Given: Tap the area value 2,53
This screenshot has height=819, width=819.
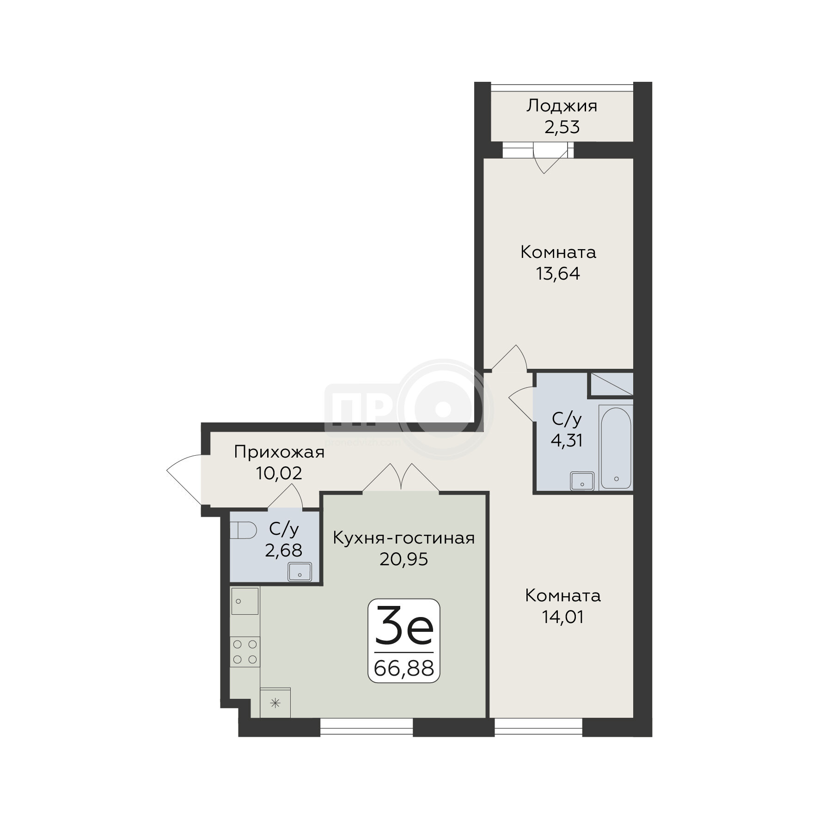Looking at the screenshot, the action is click(x=562, y=127).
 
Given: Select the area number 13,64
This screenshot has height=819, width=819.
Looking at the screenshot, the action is click(x=558, y=274).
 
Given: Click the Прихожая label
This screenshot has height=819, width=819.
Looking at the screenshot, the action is click(x=279, y=452).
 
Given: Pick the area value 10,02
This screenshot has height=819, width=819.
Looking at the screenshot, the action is click(x=279, y=473).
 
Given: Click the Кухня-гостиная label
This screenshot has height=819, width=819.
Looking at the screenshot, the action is click(x=404, y=538).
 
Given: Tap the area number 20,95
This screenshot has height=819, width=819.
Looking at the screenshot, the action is click(x=403, y=559).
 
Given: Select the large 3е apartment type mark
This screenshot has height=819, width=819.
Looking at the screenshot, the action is click(x=404, y=625).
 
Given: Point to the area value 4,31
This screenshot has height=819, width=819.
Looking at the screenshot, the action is click(x=566, y=440).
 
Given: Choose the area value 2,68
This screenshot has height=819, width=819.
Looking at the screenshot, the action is click(x=283, y=550).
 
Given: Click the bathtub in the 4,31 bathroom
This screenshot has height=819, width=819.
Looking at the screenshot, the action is click(x=616, y=447).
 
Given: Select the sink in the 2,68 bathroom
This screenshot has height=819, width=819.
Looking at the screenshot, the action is click(x=300, y=572).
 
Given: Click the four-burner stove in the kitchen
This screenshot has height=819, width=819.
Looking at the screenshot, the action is click(x=245, y=652).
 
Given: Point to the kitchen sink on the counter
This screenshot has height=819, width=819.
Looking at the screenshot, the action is click(x=244, y=601).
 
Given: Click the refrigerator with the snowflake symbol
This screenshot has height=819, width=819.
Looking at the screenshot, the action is click(x=275, y=702).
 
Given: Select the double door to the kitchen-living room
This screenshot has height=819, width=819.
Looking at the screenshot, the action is click(x=401, y=477).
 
